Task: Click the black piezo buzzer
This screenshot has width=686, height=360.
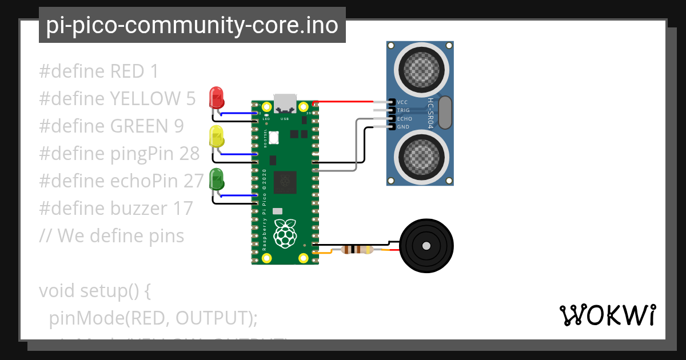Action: pyautogui.click(x=425, y=247)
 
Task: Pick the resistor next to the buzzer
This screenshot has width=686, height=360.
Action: pyautogui.click(x=357, y=250)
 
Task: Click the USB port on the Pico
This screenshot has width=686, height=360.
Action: pyautogui.click(x=285, y=104)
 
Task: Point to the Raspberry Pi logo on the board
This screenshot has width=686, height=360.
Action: pyautogui.click(x=285, y=233)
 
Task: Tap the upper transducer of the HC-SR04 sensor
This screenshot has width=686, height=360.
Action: pyautogui.click(x=420, y=68)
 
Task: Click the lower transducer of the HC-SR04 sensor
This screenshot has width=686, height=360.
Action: pyautogui.click(x=420, y=157)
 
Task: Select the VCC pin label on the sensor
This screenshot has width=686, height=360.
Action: pyautogui.click(x=402, y=102)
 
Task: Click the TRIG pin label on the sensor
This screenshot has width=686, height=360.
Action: pyautogui.click(x=404, y=110)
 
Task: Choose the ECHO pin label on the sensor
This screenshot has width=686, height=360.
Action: pyautogui.click(x=404, y=119)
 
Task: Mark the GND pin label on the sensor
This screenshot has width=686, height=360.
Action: pyautogui.click(x=402, y=127)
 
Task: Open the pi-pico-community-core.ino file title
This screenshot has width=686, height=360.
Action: pyautogui.click(x=192, y=25)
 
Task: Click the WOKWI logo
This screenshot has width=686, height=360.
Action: pyautogui.click(x=607, y=315)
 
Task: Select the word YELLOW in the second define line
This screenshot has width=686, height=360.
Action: pyautogui.click(x=143, y=99)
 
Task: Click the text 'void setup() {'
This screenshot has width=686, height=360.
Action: pyautogui.click(x=95, y=290)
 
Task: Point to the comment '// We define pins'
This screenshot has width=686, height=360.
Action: pyautogui.click(x=111, y=235)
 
